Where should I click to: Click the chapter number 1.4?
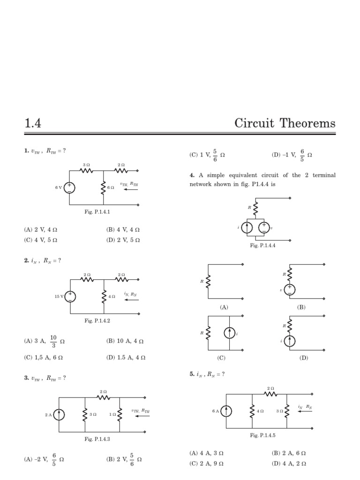pyautogui.click(x=33, y=124)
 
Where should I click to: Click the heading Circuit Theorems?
pyautogui.click(x=285, y=124)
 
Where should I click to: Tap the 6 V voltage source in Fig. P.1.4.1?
pyautogui.click(x=69, y=187)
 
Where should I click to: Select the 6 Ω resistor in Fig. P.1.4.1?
pyautogui.click(x=103, y=187)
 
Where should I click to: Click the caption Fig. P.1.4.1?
pyautogui.click(x=97, y=212)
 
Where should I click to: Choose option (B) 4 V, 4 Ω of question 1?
pyautogui.click(x=123, y=230)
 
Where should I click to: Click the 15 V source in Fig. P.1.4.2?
pyautogui.click(x=70, y=296)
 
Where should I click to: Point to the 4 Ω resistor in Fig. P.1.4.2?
pyautogui.click(x=104, y=296)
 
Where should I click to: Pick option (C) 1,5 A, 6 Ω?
pyautogui.click(x=43, y=357)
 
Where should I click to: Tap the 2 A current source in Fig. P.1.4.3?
pyautogui.click(x=59, y=414)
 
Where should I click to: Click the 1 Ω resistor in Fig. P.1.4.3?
pyautogui.click(x=119, y=414)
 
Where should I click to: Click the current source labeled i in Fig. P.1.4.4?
pyautogui.click(x=247, y=228)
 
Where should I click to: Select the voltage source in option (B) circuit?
pyautogui.click(x=290, y=290)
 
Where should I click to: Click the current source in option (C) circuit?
pyautogui.click(x=229, y=333)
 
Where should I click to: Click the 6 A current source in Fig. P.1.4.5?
pyautogui.click(x=226, y=411)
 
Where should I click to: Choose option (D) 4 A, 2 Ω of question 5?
pyautogui.click(x=289, y=464)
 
